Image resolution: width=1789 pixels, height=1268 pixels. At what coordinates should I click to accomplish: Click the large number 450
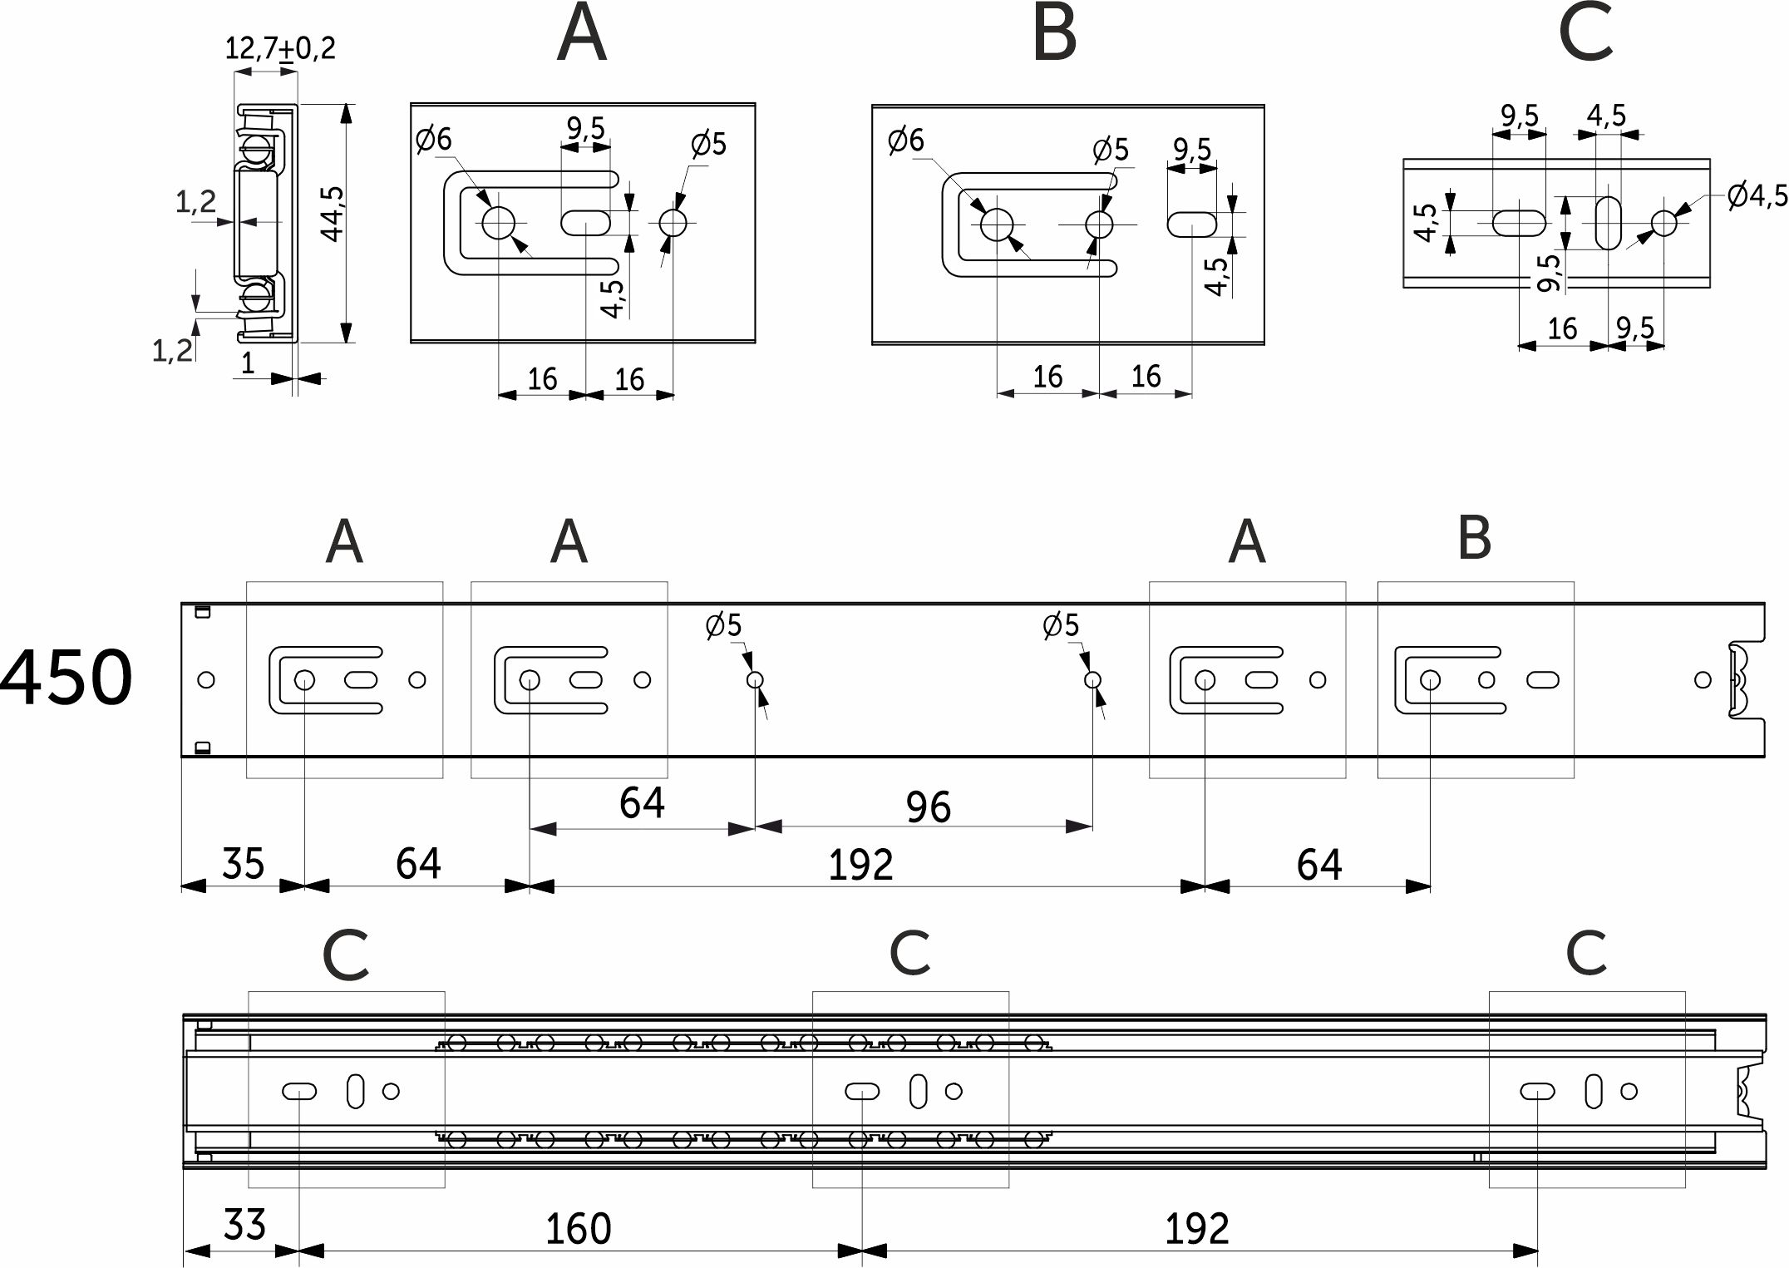pos(67,678)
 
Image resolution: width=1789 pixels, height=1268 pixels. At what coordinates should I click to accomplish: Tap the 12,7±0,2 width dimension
pos(280,48)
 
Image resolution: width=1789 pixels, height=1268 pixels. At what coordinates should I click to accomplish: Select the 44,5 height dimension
pos(333,214)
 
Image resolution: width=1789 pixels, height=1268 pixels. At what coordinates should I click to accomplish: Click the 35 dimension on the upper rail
pos(243,863)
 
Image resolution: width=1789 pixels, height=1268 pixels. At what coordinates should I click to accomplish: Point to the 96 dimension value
pos(928,807)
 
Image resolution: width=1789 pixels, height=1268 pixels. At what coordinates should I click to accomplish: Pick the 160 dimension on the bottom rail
pos(578,1229)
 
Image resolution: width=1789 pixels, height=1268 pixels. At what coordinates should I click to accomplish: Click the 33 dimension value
pos(244,1225)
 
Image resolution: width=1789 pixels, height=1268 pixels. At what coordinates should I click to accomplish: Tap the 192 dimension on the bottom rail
pos(1196,1229)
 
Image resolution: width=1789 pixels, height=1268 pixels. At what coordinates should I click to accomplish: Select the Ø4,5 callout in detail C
pos(1757,196)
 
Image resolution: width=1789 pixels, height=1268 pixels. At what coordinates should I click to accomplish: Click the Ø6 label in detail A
pos(433,139)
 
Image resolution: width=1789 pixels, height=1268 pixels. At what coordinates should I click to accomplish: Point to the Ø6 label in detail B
pos(905,140)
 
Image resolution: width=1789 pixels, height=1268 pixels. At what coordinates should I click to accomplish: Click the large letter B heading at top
pos(1054,33)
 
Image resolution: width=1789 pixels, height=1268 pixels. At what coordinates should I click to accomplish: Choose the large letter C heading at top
pos(1586,33)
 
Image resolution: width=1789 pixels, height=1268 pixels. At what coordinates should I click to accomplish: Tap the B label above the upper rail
pos(1474,538)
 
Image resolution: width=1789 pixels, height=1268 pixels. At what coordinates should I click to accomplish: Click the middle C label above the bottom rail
pos(909,953)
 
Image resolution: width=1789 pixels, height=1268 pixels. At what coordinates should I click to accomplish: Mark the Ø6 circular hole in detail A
pos(498,223)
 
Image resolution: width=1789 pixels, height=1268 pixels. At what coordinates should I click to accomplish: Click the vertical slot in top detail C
pos(1609,223)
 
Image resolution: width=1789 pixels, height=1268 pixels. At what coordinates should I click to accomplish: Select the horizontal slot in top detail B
pos(1192,224)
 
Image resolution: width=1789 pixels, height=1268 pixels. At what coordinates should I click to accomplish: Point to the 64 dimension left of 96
pos(642,803)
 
